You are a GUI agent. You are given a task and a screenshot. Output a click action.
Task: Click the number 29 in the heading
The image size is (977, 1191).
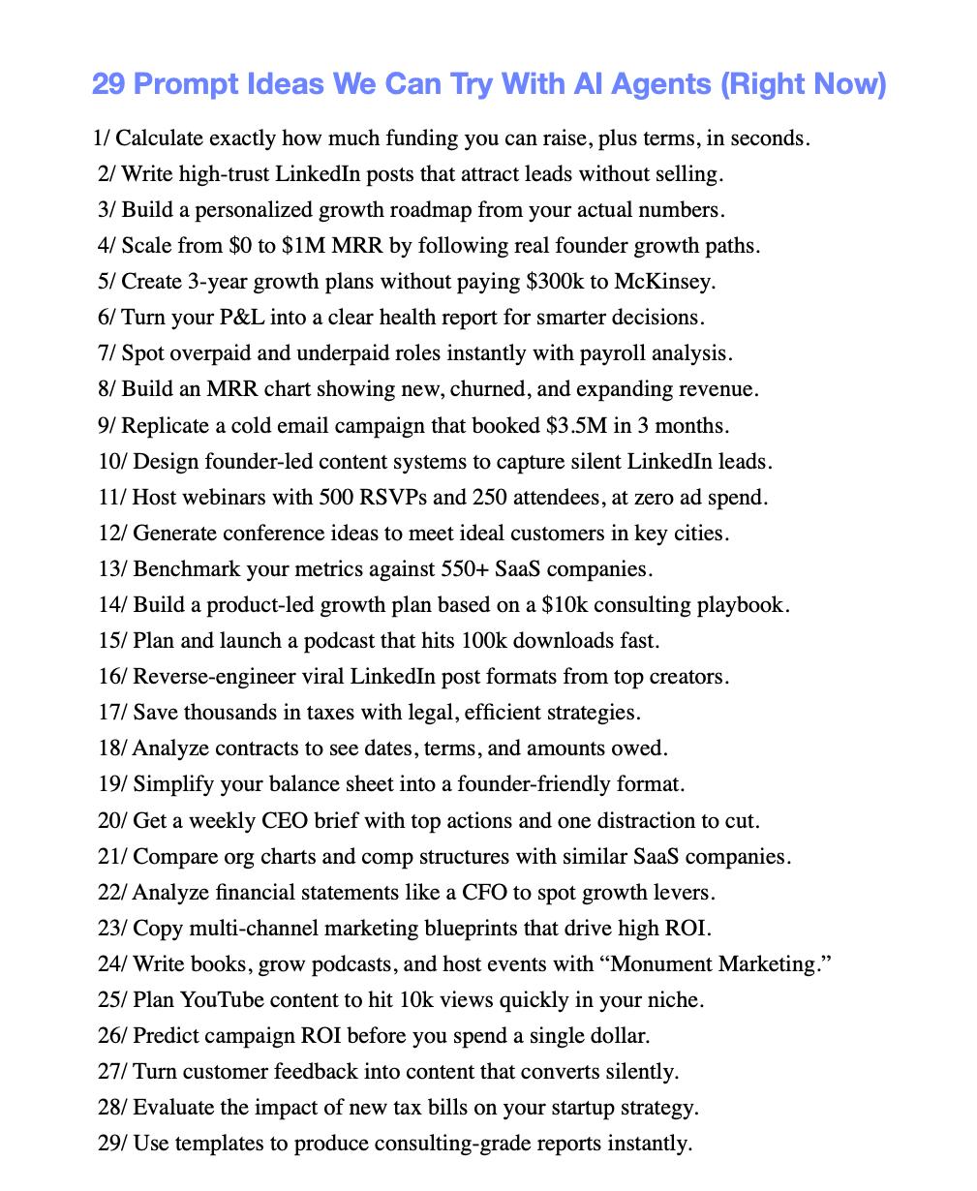point(107,85)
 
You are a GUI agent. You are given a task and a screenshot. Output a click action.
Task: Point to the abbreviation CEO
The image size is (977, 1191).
point(286,820)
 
